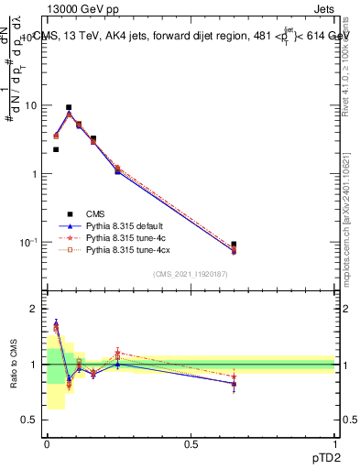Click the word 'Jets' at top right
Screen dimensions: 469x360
point(323,8)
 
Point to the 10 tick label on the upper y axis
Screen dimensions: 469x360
point(31,105)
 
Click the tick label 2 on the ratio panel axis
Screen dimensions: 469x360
point(37,309)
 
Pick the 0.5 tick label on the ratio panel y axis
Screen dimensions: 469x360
point(32,420)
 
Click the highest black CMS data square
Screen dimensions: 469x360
point(69,107)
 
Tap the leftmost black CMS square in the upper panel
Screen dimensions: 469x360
point(56,149)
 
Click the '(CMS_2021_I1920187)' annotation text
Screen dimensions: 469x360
point(191,274)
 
